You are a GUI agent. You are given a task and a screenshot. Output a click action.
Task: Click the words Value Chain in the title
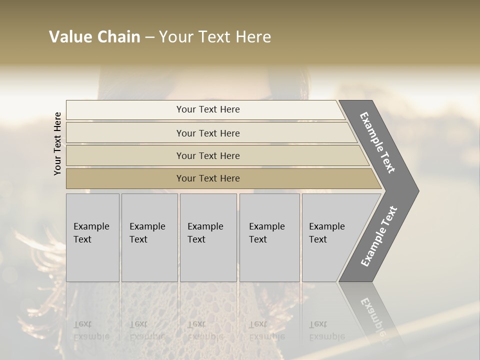[94, 37]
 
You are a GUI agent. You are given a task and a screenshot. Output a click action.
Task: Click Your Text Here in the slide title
[215, 37]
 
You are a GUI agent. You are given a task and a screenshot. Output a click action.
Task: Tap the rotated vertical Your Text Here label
[57, 143]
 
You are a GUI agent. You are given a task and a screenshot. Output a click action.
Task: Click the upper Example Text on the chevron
[377, 142]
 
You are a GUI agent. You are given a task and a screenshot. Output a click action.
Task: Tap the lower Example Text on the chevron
[379, 236]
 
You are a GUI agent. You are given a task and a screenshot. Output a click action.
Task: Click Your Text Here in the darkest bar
[208, 178]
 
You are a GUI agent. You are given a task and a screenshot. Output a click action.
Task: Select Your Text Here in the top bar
[208, 109]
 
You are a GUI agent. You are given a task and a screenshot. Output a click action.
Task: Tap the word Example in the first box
[91, 226]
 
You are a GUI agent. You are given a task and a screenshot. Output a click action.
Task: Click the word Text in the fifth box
[318, 239]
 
